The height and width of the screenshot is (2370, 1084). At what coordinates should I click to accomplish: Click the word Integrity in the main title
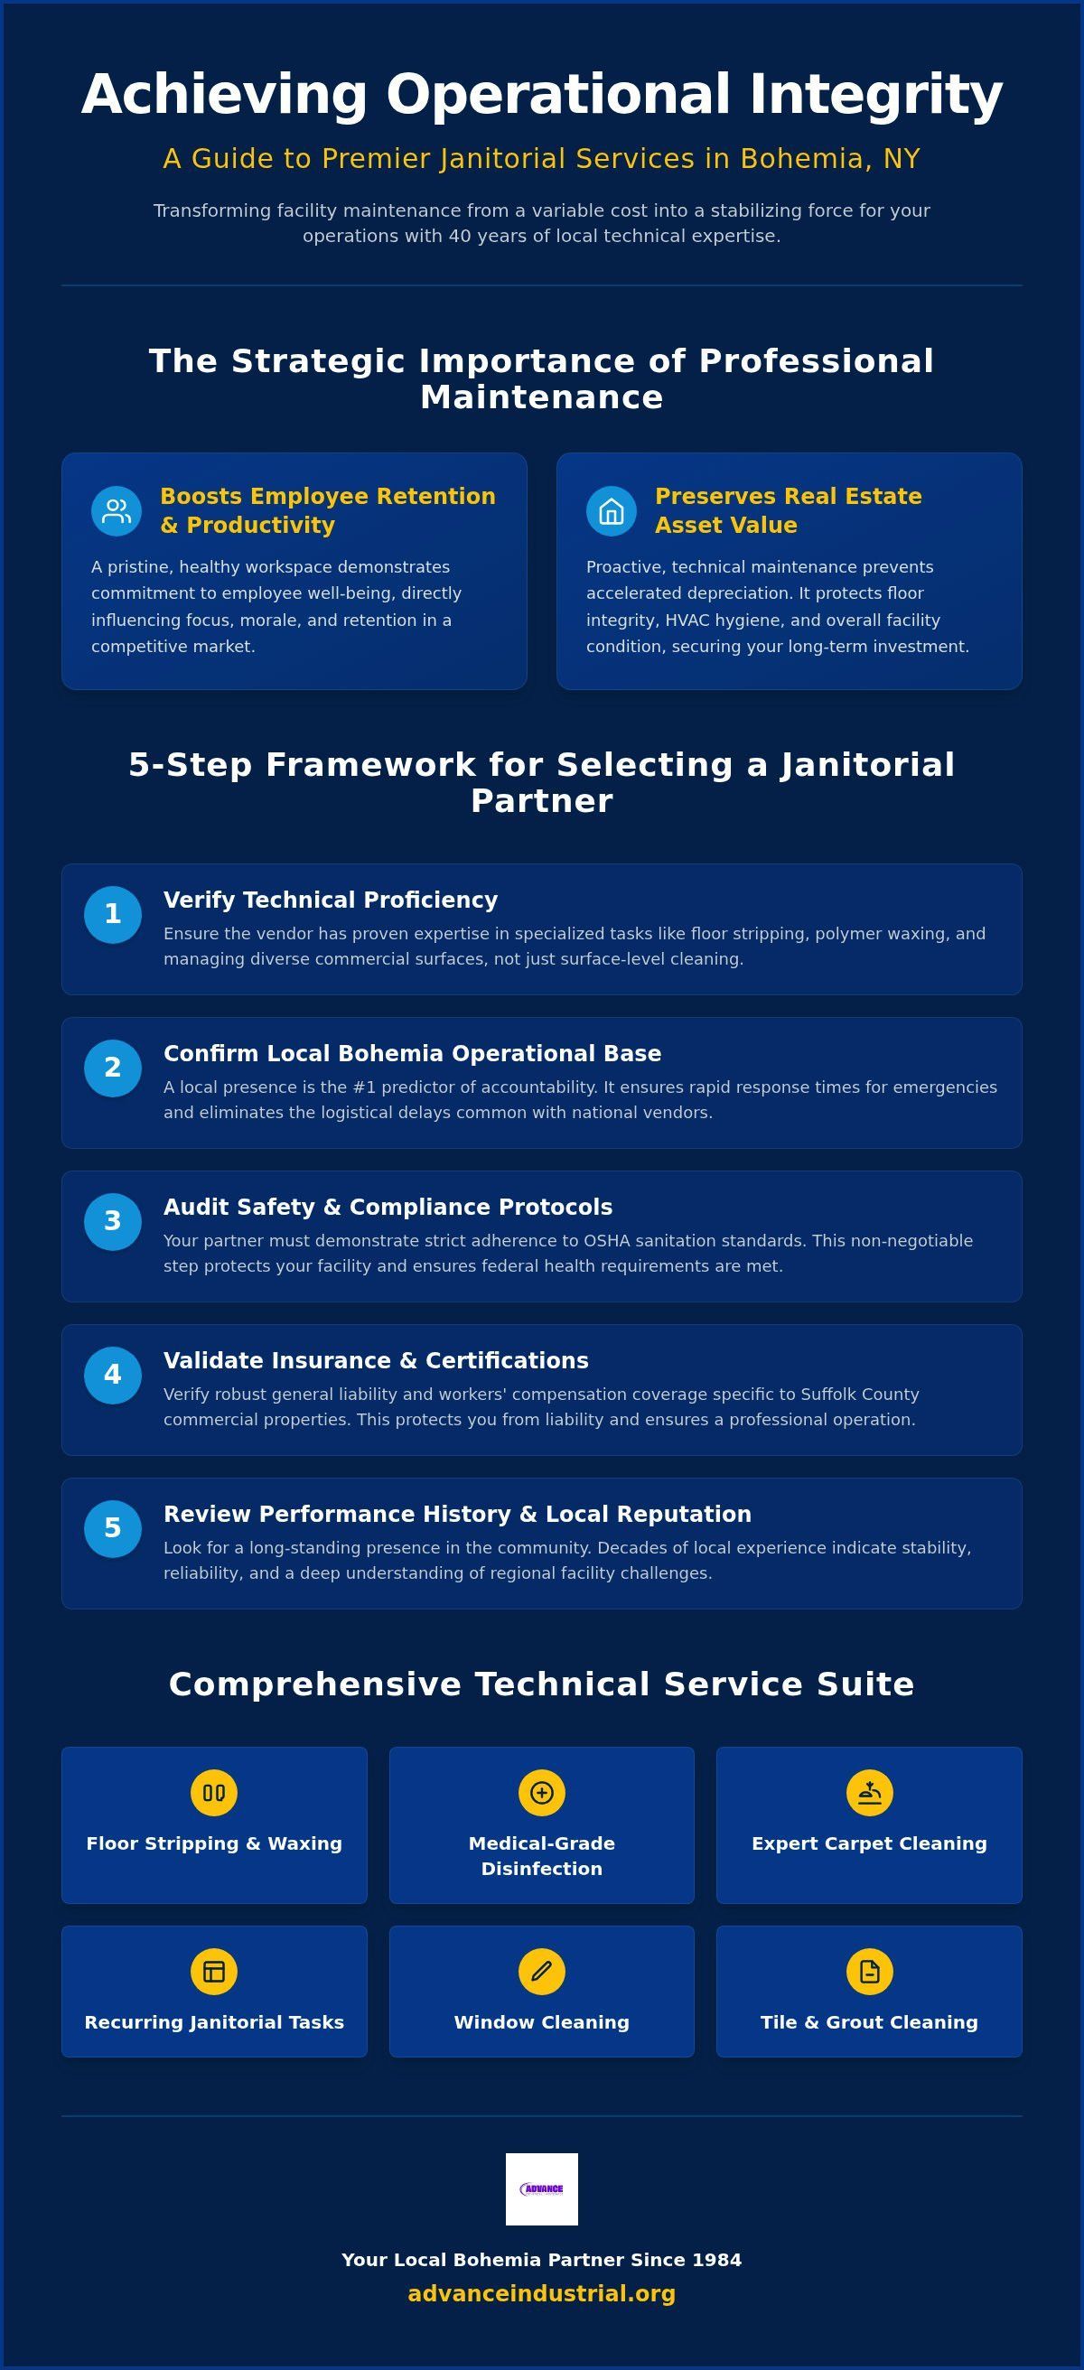pos(875,95)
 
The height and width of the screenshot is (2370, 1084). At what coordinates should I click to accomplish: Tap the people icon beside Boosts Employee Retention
pos(116,510)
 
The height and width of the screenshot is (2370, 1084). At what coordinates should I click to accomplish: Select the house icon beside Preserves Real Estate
pos(611,510)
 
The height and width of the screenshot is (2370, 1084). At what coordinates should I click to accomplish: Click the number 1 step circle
pos(112,915)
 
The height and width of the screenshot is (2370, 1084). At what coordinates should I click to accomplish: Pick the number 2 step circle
pos(112,1068)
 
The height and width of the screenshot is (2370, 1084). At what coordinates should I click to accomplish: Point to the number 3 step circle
pos(112,1222)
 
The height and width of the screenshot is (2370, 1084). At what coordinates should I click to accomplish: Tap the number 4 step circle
pos(112,1376)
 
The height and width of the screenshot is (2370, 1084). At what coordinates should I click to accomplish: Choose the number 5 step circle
pos(112,1529)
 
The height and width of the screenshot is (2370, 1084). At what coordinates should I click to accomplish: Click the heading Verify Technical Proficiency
pos(331,900)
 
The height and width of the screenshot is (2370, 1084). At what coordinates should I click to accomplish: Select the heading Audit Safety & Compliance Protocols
pos(388,1207)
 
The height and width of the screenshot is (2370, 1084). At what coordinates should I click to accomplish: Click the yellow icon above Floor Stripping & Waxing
pos(213,1792)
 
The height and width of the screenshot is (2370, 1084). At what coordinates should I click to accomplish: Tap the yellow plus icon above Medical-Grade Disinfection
pos(541,1792)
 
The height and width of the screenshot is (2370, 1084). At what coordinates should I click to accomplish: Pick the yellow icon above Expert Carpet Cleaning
pos(870,1792)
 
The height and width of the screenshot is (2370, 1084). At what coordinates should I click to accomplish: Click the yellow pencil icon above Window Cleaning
pos(541,1971)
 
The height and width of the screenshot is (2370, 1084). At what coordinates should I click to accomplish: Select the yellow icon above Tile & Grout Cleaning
pos(870,1971)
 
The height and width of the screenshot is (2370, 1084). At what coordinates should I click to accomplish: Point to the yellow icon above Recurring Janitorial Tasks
pos(213,1971)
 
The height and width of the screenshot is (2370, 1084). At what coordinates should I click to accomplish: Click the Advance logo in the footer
pos(542,2188)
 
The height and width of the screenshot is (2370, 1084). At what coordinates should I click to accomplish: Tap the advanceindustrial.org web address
pos(542,2293)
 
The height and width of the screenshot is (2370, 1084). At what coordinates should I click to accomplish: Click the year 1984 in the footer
pos(717,2260)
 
